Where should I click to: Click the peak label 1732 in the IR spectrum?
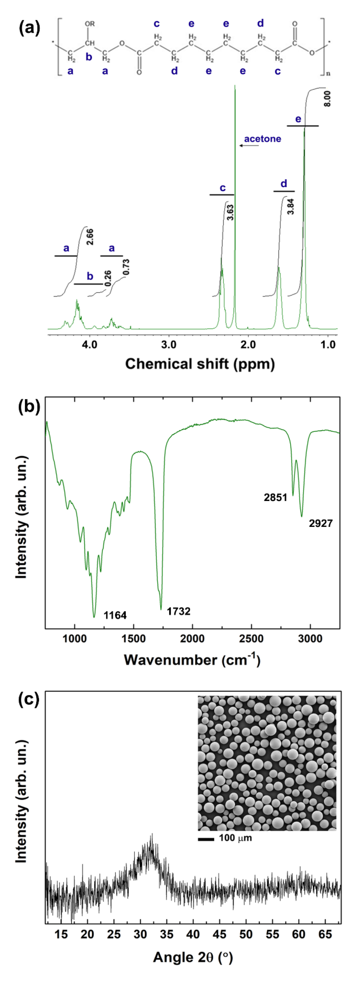pos(179,611)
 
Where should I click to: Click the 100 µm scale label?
pos(235,838)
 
